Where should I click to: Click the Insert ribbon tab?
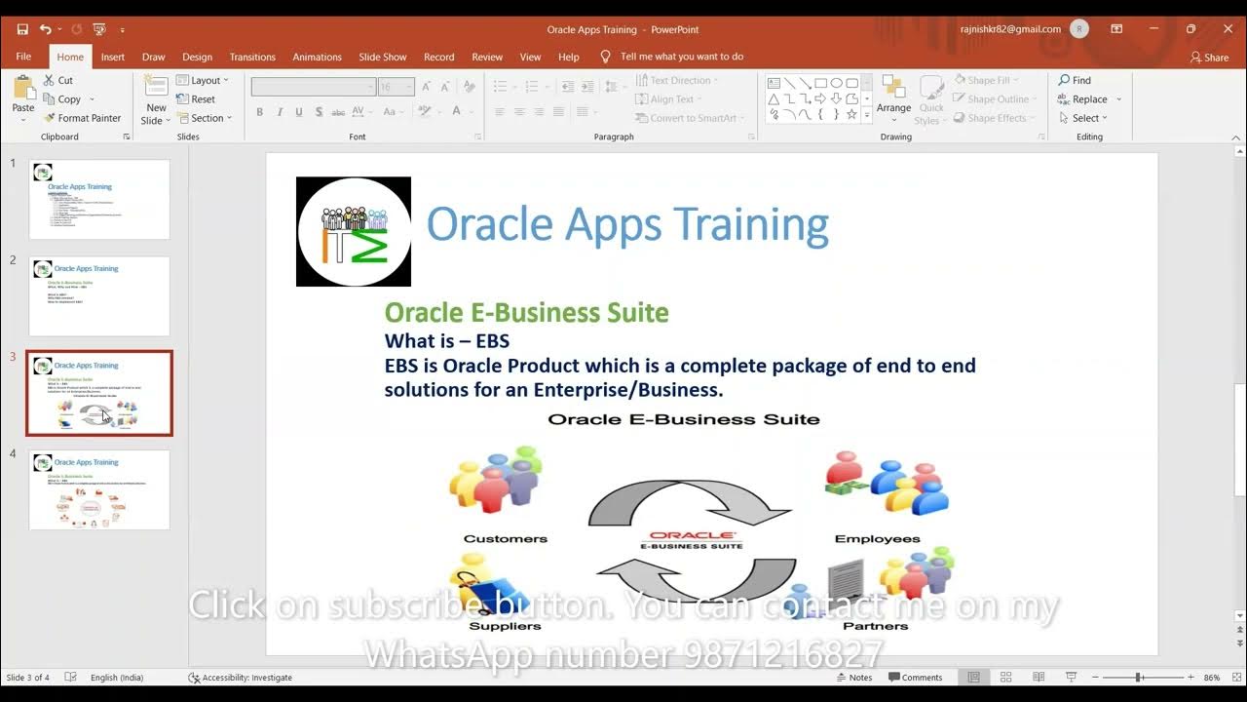point(113,57)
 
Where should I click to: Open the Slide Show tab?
point(382,57)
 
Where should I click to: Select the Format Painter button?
point(83,118)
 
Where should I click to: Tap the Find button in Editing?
point(1075,80)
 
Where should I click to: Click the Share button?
point(1209,57)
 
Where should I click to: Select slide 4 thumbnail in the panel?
point(99,489)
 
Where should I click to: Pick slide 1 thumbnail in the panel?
point(99,200)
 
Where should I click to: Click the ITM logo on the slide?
point(354,232)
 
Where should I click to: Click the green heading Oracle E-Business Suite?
point(526,313)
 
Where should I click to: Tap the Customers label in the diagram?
point(505,538)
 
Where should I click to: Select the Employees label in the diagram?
point(877,538)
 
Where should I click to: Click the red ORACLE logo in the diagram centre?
point(693,535)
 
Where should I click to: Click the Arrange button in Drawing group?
point(893,97)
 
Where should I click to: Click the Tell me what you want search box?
point(681,57)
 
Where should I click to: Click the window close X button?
point(1228,29)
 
